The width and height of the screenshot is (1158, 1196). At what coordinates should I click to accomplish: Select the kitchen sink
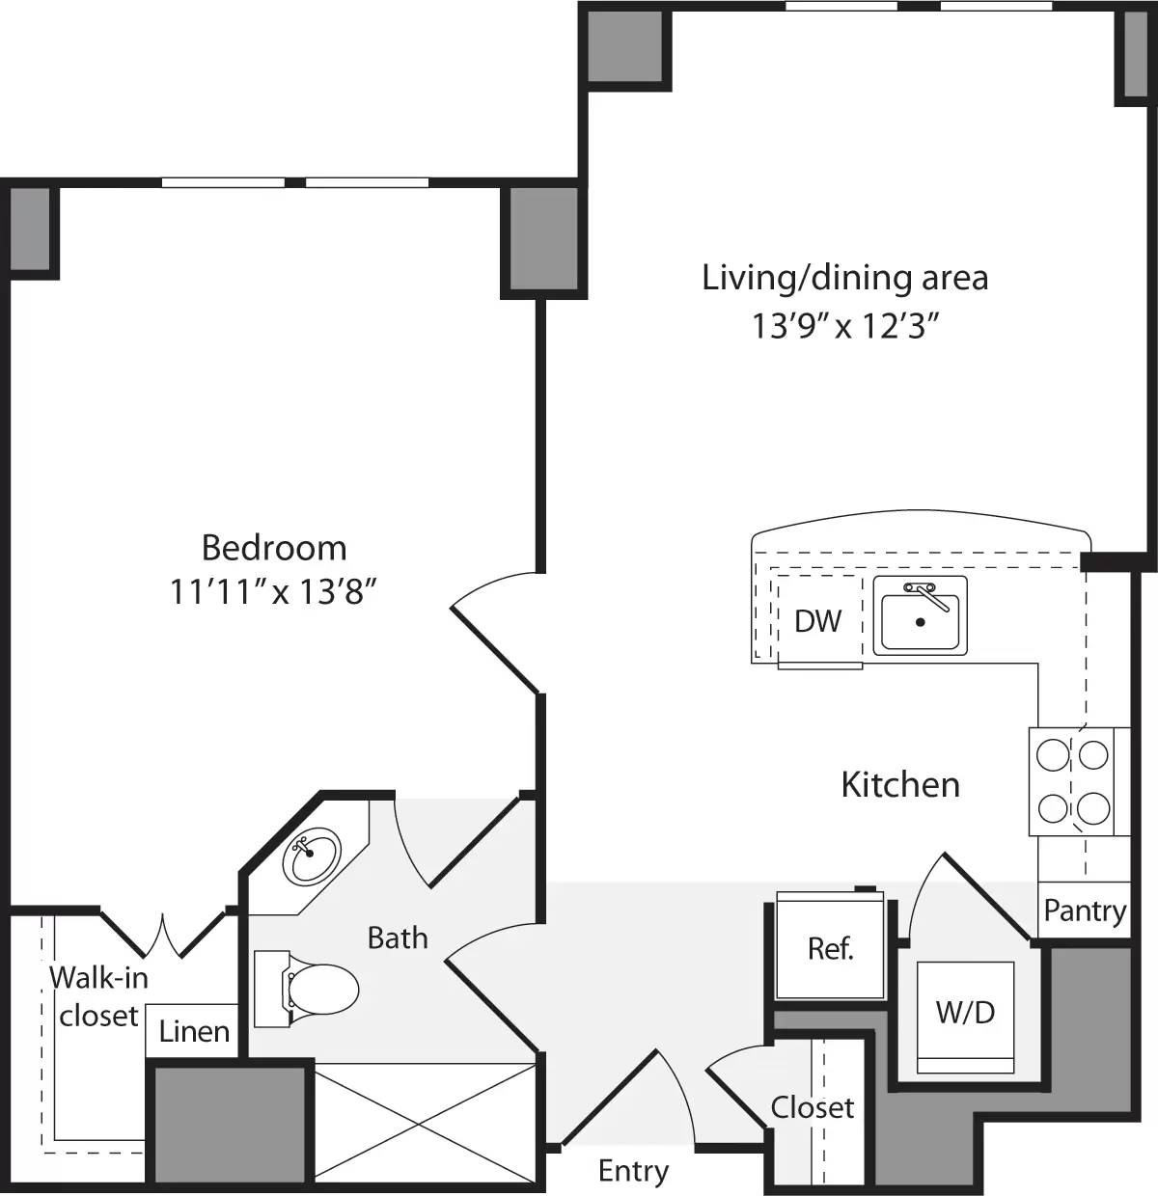point(921,617)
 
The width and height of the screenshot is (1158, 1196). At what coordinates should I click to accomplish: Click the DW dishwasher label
point(817,621)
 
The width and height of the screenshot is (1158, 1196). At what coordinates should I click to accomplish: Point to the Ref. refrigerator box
point(831,948)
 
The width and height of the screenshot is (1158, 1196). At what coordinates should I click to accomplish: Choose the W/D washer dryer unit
point(965,1013)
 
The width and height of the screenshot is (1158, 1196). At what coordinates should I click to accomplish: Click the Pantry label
point(1085,911)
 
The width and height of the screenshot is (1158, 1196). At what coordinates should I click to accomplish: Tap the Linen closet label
point(194,1032)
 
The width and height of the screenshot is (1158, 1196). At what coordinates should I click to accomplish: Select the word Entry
point(633,1171)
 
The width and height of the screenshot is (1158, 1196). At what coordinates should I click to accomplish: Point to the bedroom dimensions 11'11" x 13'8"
point(272,591)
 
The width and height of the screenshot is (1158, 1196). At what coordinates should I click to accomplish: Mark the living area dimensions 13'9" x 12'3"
point(845,327)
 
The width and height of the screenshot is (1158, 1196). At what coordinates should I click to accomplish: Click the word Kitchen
point(900,785)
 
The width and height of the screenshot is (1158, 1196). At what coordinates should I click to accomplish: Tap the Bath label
point(398,938)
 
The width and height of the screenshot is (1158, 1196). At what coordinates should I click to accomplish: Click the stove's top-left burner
point(1052,752)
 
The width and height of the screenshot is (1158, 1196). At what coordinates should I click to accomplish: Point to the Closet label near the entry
point(813,1107)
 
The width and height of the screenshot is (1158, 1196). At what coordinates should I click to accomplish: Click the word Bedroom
point(274,548)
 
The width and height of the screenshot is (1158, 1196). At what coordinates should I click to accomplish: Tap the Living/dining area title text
point(844,278)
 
